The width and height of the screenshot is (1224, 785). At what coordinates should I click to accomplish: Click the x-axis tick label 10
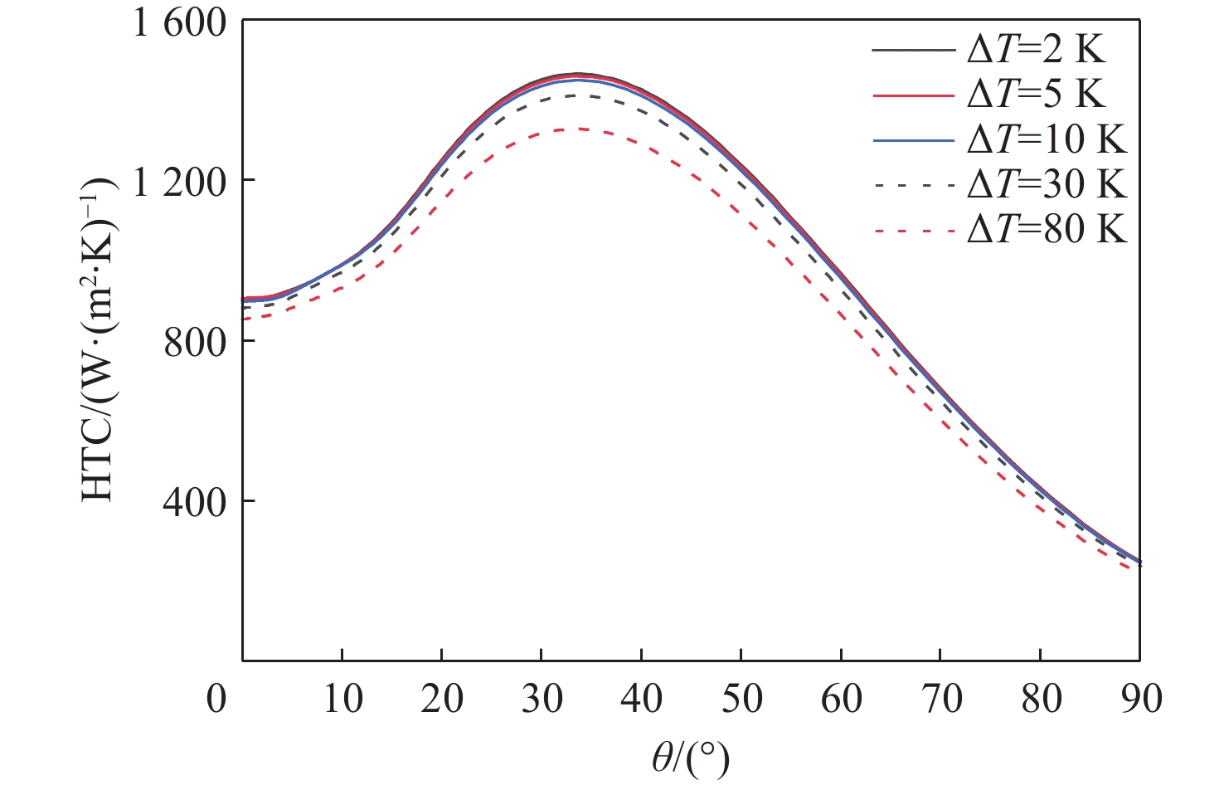342,700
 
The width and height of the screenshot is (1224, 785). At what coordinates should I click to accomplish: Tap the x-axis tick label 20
442,700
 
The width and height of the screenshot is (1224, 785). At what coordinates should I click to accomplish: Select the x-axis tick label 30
542,700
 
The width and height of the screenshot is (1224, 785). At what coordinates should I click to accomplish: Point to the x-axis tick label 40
641,700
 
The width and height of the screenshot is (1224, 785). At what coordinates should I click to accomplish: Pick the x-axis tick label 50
741,700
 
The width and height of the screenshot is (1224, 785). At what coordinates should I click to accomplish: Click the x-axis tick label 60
841,700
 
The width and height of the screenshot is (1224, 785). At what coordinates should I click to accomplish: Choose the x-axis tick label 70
940,700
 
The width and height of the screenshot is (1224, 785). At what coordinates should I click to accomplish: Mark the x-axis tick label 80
1041,700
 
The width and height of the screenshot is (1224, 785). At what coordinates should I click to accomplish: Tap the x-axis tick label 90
1140,700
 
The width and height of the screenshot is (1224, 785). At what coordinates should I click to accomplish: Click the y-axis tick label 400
195,502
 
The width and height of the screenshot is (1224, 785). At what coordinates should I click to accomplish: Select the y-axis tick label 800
195,342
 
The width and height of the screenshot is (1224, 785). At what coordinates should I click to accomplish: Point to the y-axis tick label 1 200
180,182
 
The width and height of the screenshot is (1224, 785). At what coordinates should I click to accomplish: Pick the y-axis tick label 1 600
180,22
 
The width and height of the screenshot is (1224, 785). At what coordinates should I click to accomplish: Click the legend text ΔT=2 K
1037,51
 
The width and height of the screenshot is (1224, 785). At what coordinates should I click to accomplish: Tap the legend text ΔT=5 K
1037,95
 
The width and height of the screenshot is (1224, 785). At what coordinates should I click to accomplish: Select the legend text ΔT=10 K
1047,139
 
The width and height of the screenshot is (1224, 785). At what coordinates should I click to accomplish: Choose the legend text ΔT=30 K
1047,184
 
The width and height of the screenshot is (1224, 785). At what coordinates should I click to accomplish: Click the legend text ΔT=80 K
1047,229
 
